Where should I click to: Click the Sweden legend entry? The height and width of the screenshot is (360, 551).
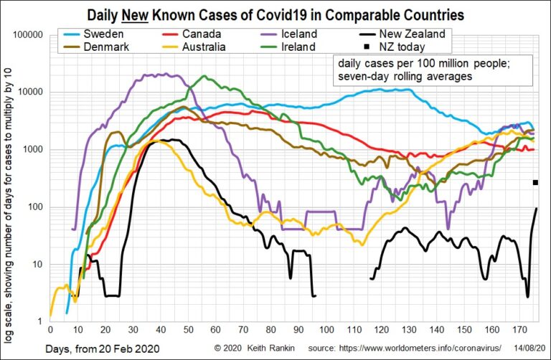(93, 34)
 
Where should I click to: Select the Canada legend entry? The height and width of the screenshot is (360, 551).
(192, 34)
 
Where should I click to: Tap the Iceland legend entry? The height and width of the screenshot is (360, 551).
(289, 34)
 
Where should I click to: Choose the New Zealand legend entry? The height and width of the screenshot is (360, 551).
(402, 34)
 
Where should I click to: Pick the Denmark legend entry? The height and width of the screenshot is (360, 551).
(96, 47)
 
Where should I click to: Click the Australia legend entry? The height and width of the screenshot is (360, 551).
(194, 47)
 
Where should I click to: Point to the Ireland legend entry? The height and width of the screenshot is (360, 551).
(288, 47)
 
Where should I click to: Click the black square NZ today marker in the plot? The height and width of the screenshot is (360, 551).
(535, 182)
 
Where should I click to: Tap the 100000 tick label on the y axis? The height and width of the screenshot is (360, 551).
(28, 34)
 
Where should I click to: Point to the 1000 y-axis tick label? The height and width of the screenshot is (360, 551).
(32, 150)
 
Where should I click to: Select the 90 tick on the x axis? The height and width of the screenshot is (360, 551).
(298, 330)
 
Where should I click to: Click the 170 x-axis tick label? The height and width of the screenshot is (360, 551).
(519, 330)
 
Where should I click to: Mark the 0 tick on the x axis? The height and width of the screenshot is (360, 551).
(50, 330)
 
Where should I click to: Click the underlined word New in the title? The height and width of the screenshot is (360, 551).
(135, 16)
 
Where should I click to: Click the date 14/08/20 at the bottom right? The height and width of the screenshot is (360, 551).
(529, 349)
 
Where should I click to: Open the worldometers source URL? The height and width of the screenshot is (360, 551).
(420, 349)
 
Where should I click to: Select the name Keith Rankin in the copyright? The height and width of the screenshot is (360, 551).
(270, 349)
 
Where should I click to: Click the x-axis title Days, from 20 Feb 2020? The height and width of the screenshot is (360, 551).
(103, 349)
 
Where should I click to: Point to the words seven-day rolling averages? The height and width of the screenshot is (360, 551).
(405, 77)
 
